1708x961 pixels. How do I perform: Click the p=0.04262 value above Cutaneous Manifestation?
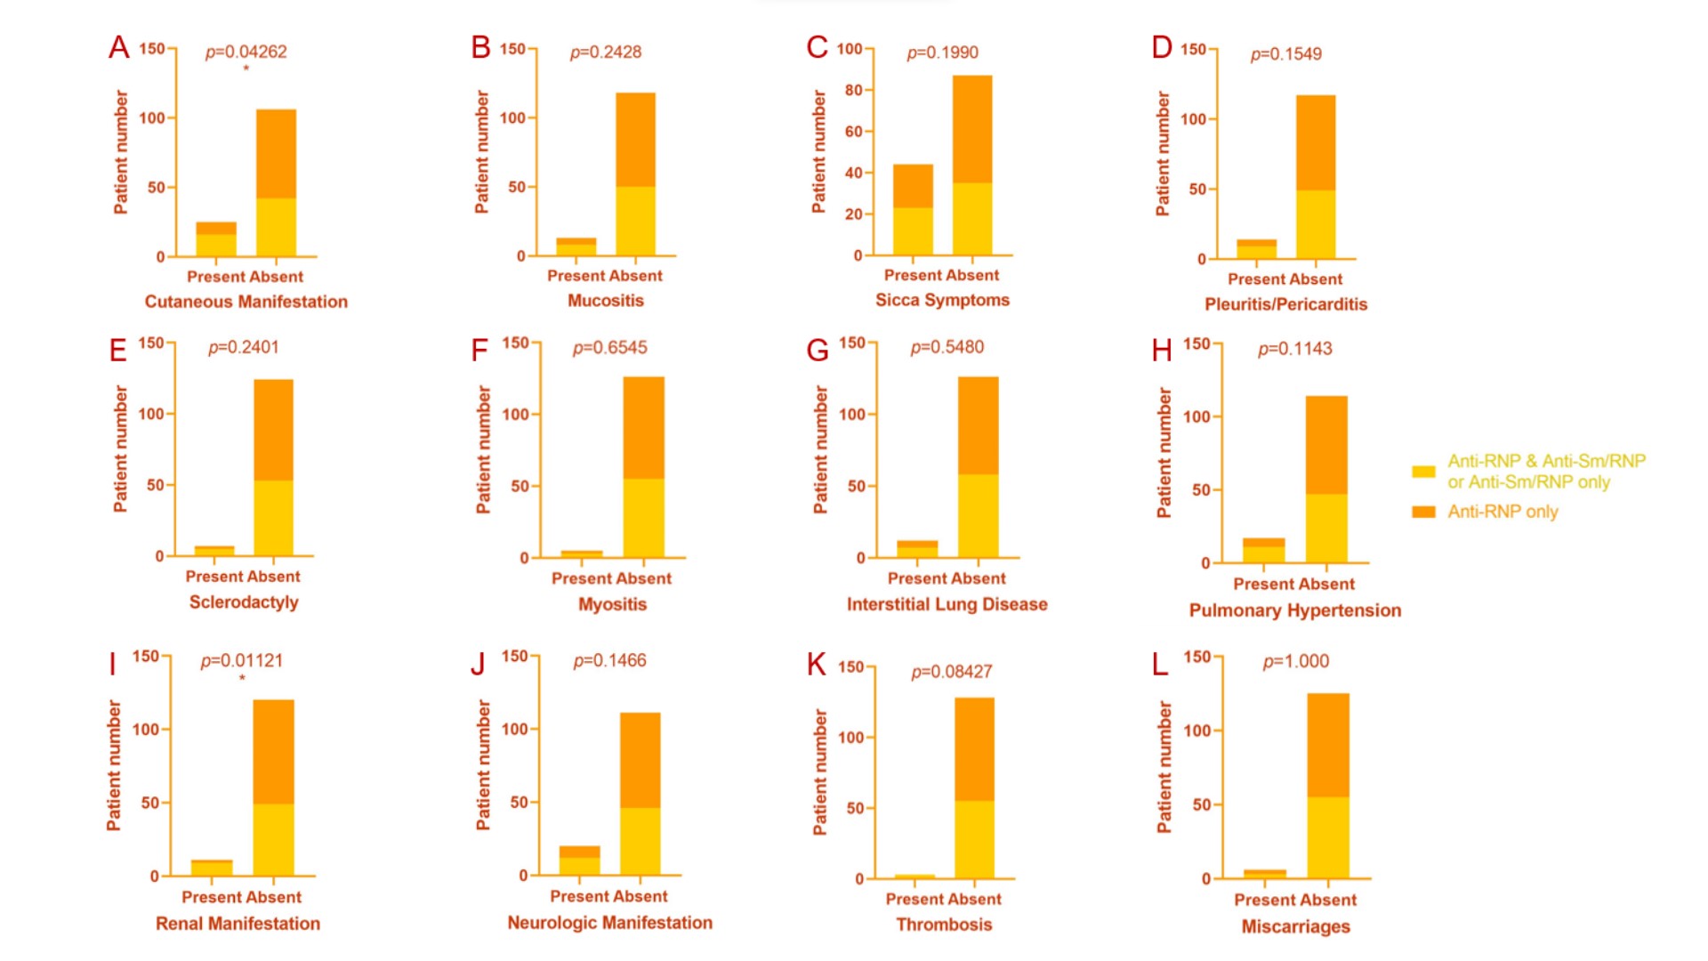pyautogui.click(x=246, y=52)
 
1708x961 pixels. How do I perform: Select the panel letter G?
pyautogui.click(x=817, y=350)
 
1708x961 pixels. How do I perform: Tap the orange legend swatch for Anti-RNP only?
pyautogui.click(x=1423, y=512)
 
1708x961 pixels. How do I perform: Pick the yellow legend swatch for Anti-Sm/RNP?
pyautogui.click(x=1423, y=472)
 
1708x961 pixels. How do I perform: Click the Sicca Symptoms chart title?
pyautogui.click(x=942, y=300)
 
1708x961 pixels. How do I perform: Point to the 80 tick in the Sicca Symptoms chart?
pyautogui.click(x=853, y=90)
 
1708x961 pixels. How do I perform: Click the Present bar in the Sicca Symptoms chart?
pyautogui.click(x=913, y=210)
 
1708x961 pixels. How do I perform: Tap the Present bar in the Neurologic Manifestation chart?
pyautogui.click(x=579, y=860)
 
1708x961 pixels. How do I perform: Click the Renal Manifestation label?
pyautogui.click(x=238, y=924)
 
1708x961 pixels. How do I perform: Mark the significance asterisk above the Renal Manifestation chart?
pyautogui.click(x=242, y=679)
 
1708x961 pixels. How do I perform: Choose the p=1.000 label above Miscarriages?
pyautogui.click(x=1295, y=661)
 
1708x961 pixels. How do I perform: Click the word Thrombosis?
pyautogui.click(x=944, y=925)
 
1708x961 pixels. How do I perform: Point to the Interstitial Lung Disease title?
pyautogui.click(x=947, y=604)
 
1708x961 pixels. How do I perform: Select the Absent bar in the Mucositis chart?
pyautogui.click(x=635, y=174)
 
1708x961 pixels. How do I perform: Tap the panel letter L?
pyautogui.click(x=1159, y=665)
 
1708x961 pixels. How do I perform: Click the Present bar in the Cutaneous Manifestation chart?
pyautogui.click(x=216, y=239)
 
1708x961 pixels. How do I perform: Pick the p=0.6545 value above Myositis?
pyautogui.click(x=609, y=347)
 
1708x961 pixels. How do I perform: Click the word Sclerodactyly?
pyautogui.click(x=244, y=602)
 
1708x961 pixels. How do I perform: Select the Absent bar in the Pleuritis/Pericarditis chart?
pyautogui.click(x=1316, y=177)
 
